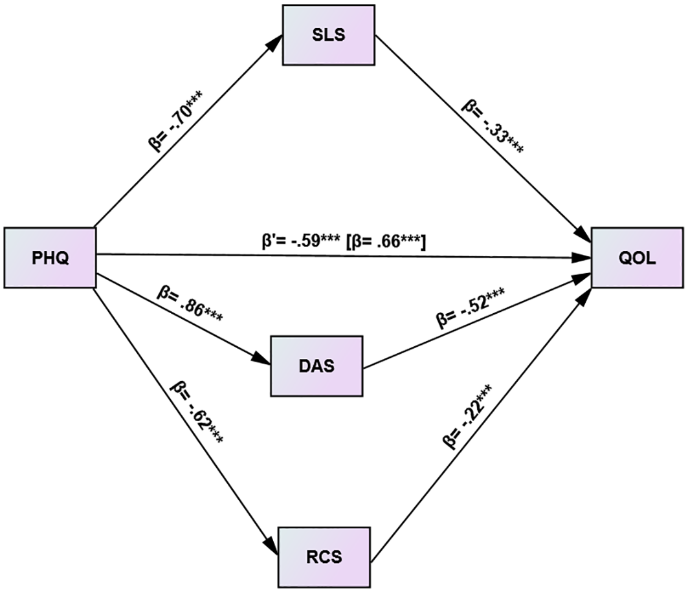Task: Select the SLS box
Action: (x=328, y=35)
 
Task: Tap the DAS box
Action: (x=316, y=366)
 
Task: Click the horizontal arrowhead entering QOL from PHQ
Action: (x=582, y=259)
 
